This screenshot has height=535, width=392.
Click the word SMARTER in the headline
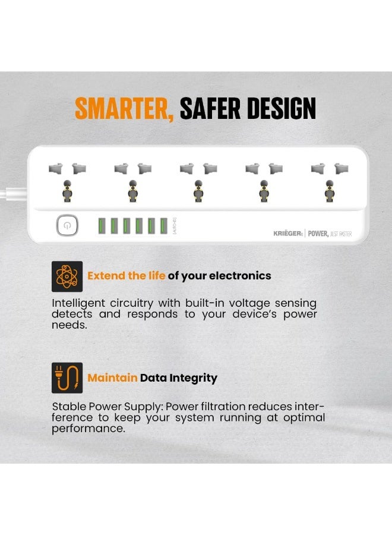(x=124, y=109)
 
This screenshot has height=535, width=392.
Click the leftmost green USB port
(x=102, y=226)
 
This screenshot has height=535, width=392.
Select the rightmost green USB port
(x=164, y=226)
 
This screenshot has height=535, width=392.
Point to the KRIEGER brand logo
(x=288, y=234)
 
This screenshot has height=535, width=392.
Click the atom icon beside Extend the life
(x=67, y=276)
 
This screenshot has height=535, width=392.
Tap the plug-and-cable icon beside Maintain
(x=67, y=378)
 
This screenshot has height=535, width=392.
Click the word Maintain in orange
(x=112, y=378)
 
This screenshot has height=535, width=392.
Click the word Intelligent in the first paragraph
(x=80, y=303)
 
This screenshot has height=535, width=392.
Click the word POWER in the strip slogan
(x=318, y=234)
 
